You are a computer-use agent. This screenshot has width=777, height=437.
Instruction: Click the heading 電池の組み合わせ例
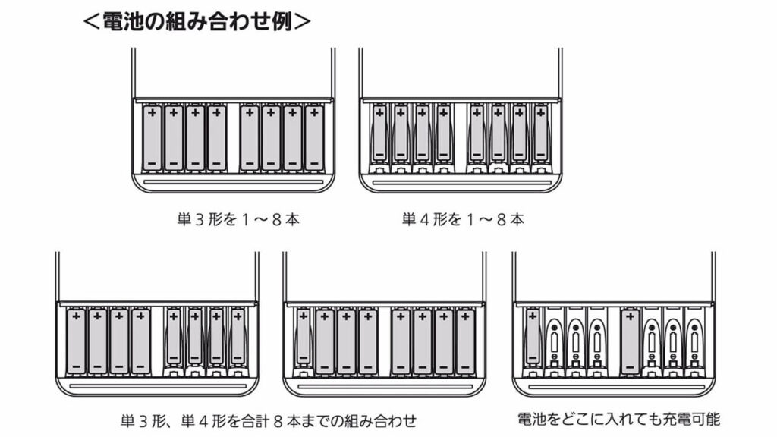pyautogui.click(x=197, y=20)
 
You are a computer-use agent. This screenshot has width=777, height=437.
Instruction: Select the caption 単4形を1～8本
pyautogui.click(x=463, y=220)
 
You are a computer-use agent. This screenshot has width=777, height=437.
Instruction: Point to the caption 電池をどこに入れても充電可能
pyautogui.click(x=618, y=419)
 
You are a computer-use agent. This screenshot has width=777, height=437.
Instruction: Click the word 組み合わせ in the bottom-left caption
pyautogui.click(x=373, y=420)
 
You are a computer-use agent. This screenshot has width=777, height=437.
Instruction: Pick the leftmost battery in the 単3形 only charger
pyautogui.click(x=152, y=137)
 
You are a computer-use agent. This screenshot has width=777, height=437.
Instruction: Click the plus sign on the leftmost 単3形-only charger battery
pyautogui.click(x=152, y=113)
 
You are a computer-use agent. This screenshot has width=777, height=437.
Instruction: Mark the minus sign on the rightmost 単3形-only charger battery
pyautogui.click(x=313, y=162)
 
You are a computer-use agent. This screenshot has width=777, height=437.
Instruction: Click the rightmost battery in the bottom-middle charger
pyautogui.click(x=465, y=341)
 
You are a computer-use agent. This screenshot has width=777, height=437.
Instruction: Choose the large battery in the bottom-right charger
pyautogui.click(x=630, y=341)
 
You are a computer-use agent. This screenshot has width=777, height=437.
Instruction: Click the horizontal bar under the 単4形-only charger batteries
pyautogui.click(x=461, y=184)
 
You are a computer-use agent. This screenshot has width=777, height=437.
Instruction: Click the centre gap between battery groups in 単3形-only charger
pyautogui.click(x=233, y=137)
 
